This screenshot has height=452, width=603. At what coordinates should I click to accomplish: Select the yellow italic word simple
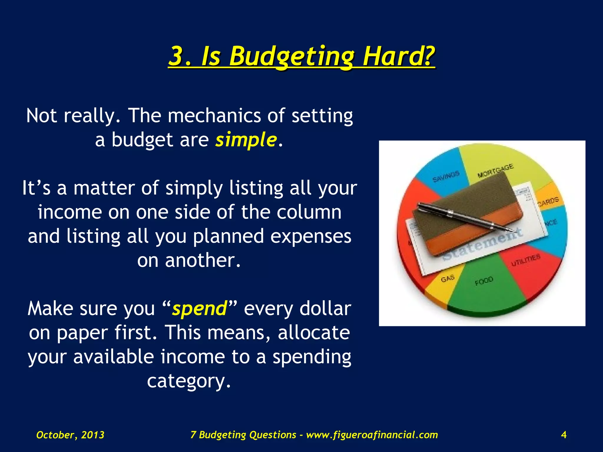coord(246,139)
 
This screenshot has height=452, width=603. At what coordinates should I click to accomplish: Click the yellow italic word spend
coord(200,309)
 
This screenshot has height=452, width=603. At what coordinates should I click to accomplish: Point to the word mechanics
coord(214,115)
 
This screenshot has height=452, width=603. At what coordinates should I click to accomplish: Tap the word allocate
coord(314,333)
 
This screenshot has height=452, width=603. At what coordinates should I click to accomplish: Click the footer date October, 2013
coord(70,435)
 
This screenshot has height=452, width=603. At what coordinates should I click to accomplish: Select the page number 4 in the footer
coord(564,435)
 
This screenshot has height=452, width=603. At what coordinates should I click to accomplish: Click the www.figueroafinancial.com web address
coord(372,435)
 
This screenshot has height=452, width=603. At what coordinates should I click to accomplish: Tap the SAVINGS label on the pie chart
coord(446,176)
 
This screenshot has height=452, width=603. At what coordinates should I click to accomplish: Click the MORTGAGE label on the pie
coord(495,171)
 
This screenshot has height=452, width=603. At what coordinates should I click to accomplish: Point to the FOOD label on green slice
coord(484,281)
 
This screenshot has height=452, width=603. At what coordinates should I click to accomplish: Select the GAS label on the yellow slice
coord(448,278)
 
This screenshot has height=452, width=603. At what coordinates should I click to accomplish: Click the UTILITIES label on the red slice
coord(526,260)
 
